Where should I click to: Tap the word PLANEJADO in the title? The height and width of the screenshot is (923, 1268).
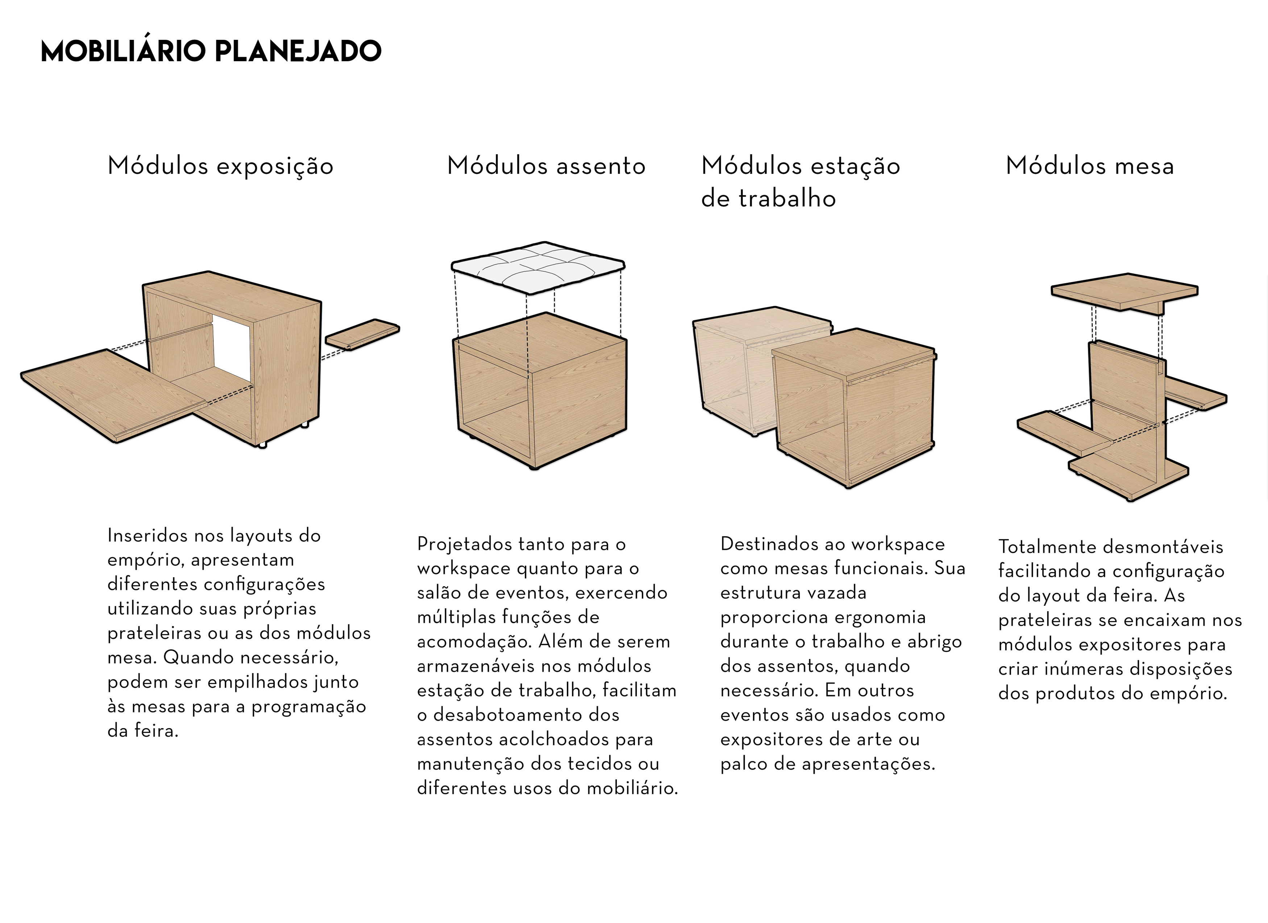click(298, 51)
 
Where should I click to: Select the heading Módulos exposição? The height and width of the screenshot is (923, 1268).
click(220, 166)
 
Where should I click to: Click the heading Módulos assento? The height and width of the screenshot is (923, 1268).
click(546, 166)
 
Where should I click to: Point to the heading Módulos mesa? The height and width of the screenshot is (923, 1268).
click(1090, 166)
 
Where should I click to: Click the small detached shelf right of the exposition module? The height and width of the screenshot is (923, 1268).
click(362, 334)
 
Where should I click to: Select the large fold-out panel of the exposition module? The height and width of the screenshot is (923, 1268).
click(106, 394)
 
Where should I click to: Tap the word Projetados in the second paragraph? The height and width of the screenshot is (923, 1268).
click(463, 544)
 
